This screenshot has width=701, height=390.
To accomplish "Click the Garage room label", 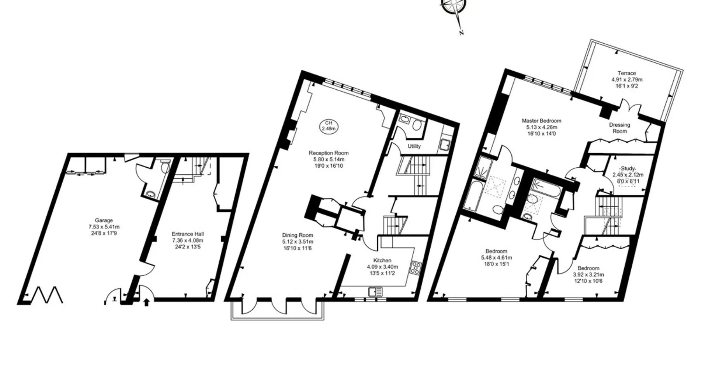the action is [104, 220].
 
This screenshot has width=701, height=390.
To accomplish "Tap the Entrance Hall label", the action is [188, 234].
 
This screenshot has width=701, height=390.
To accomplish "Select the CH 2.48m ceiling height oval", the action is [329, 126].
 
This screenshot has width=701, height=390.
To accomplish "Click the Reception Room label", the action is [329, 153].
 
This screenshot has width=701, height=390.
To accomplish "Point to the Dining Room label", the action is [298, 235].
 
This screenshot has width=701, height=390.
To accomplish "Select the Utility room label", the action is [414, 146].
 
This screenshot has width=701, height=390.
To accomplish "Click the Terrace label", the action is [627, 73].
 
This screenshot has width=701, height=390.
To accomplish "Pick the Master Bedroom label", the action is [541, 121].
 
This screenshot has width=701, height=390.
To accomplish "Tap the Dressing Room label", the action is [620, 128].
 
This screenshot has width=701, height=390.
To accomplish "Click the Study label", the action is [628, 168].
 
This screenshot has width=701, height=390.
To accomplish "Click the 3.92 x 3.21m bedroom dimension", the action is [588, 275].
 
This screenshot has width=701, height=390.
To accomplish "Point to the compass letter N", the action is [461, 33].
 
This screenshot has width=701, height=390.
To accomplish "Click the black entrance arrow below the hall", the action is [146, 302].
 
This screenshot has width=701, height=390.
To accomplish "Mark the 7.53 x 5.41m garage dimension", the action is [104, 227].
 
